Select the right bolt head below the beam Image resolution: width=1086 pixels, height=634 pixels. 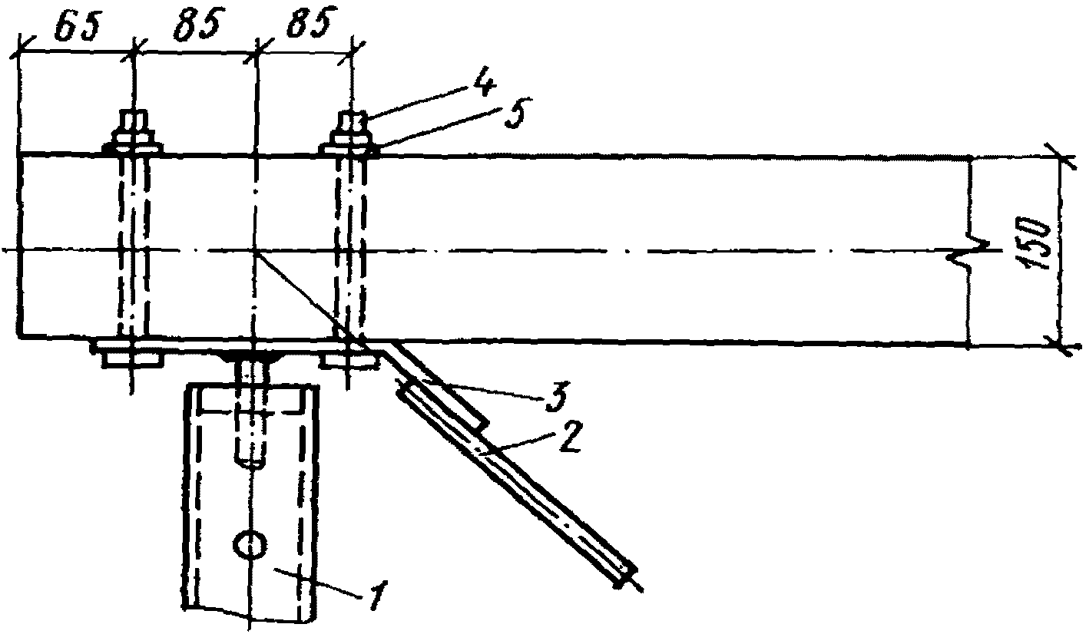pyautogui.click(x=349, y=358)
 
